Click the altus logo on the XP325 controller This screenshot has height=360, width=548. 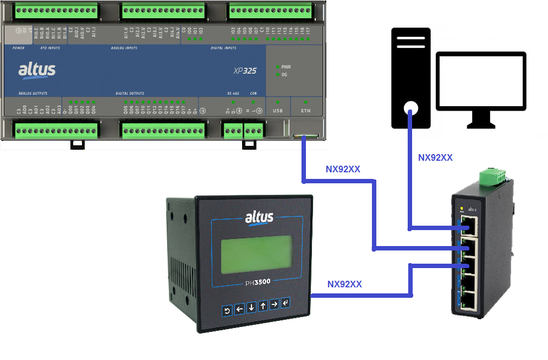pos(37,70)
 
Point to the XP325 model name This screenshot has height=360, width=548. pos(245,70)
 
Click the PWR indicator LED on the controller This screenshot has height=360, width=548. pos(278,67)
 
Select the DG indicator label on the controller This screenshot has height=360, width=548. pos(285,74)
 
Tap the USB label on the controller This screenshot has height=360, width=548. pos(278,111)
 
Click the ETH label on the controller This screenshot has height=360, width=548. pos(305,111)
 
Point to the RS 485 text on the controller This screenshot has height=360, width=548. pos(234,94)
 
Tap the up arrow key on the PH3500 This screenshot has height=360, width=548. pos(263,306)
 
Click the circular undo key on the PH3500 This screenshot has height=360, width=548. pos(227,311)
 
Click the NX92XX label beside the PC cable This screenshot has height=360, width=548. pos(435,157)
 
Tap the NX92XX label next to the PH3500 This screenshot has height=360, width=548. pos(344,285)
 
